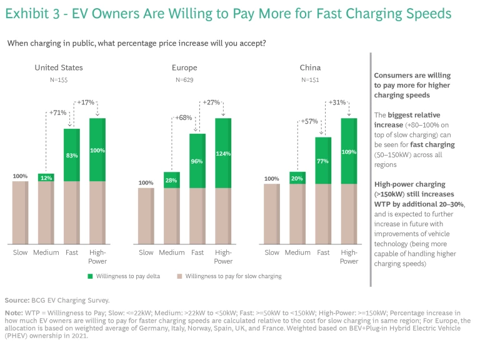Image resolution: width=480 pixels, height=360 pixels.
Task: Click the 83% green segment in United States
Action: click(71, 155)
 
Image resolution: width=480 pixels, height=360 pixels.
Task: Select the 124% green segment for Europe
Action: click(222, 153)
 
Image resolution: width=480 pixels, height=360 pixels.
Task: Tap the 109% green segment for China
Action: click(349, 151)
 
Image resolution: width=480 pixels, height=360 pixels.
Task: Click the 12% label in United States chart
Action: click(46, 177)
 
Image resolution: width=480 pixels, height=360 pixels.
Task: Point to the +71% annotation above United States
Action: click(57, 112)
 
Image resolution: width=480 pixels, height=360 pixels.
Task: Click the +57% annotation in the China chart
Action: click(309, 121)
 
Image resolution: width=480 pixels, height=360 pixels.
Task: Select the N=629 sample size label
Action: click(184, 80)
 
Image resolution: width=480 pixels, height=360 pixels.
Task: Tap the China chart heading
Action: click(311, 67)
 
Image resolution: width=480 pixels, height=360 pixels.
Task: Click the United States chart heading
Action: click(59, 67)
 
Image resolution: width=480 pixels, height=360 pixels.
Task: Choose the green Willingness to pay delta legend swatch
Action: click(91, 276)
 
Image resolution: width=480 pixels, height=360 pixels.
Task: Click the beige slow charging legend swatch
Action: click(179, 276)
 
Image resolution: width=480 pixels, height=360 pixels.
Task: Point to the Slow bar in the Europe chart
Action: click(146, 216)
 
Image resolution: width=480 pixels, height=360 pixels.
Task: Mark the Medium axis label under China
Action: click(297, 252)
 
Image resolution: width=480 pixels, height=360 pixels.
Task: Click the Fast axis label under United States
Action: click(71, 252)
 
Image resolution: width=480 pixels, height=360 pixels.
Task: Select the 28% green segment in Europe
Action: click(171, 180)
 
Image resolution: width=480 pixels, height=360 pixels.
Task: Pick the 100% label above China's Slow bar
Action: click(271, 179)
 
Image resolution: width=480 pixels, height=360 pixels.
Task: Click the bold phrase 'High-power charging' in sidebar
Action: click(409, 184)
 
